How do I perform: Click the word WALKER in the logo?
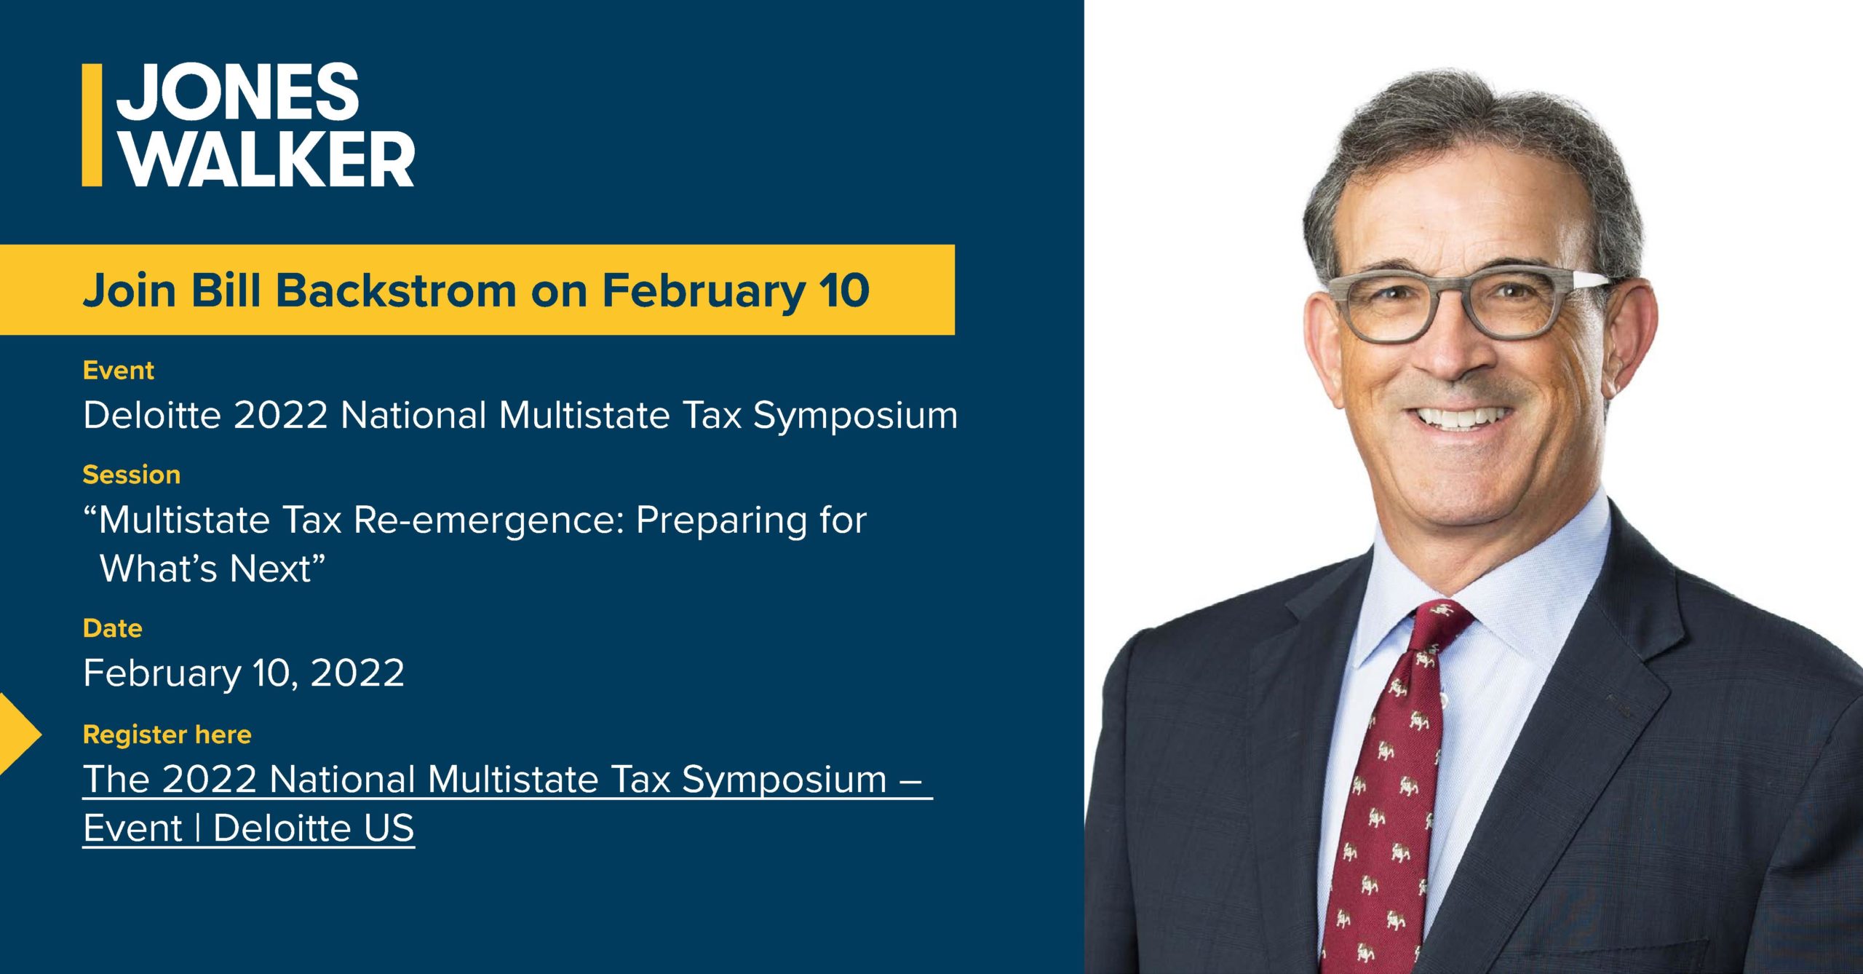click(x=266, y=159)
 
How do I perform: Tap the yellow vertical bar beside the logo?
click(x=92, y=124)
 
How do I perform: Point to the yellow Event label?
click(x=119, y=371)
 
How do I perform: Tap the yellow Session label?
click(x=132, y=475)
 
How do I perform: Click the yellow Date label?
click(x=113, y=628)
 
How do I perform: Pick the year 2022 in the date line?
click(x=357, y=673)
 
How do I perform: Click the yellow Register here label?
click(x=167, y=735)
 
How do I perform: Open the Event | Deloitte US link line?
click(x=249, y=828)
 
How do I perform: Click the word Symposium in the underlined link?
click(x=784, y=780)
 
